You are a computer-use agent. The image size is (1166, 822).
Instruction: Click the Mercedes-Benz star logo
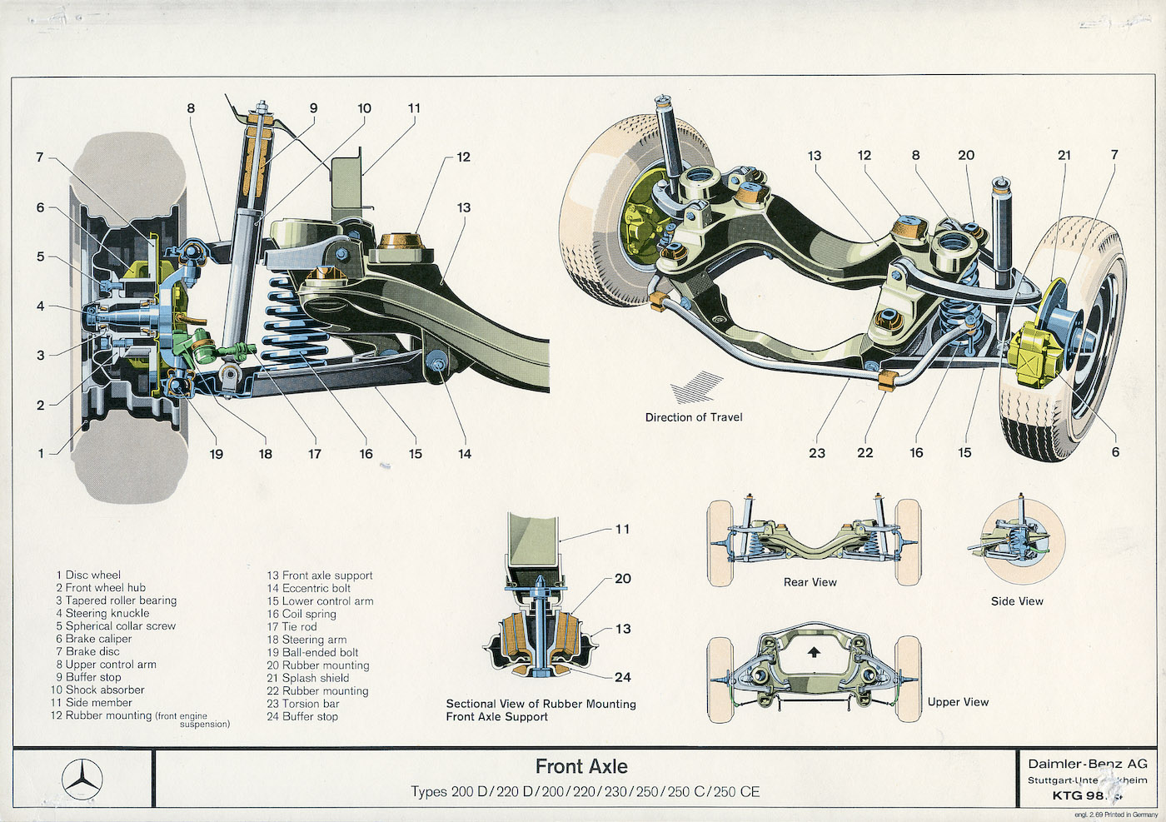[x=82, y=780]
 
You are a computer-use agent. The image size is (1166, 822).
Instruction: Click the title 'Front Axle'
[x=581, y=766]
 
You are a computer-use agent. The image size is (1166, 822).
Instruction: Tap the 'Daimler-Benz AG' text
[x=1087, y=764]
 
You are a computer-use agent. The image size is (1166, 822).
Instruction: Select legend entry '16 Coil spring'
[x=301, y=614]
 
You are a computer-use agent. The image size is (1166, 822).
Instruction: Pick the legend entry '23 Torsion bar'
[x=303, y=704]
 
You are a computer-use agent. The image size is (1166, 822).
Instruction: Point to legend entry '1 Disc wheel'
[x=88, y=575]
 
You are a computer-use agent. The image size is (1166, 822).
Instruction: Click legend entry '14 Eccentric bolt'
[x=309, y=588]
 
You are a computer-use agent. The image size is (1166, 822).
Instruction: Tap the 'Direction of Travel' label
[x=694, y=417]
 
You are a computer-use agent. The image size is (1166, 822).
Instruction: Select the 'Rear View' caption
[x=810, y=582]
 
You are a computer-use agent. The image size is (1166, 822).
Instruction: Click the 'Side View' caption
[x=1017, y=601]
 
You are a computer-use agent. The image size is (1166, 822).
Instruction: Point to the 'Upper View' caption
[x=958, y=702]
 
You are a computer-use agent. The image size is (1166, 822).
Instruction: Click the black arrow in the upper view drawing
[x=814, y=652]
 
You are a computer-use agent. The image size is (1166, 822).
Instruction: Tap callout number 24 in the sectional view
[x=623, y=677]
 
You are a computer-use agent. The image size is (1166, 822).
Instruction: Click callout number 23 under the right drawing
[x=817, y=453]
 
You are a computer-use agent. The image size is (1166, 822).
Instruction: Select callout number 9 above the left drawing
[x=313, y=108]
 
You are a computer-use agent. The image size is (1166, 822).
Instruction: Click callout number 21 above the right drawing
[x=1064, y=155]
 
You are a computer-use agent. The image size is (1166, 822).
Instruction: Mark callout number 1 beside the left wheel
[x=41, y=454]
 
